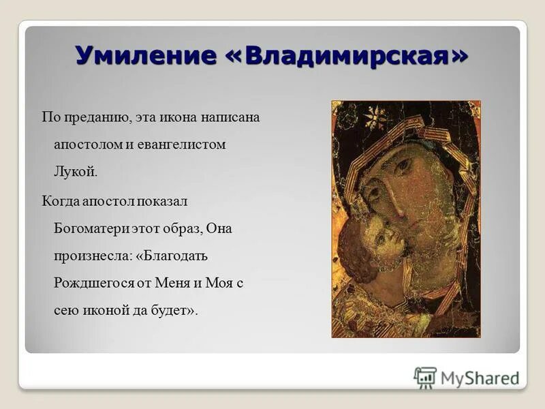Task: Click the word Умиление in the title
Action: click(x=144, y=55)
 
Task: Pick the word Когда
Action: click(x=60, y=201)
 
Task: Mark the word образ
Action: click(x=181, y=228)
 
